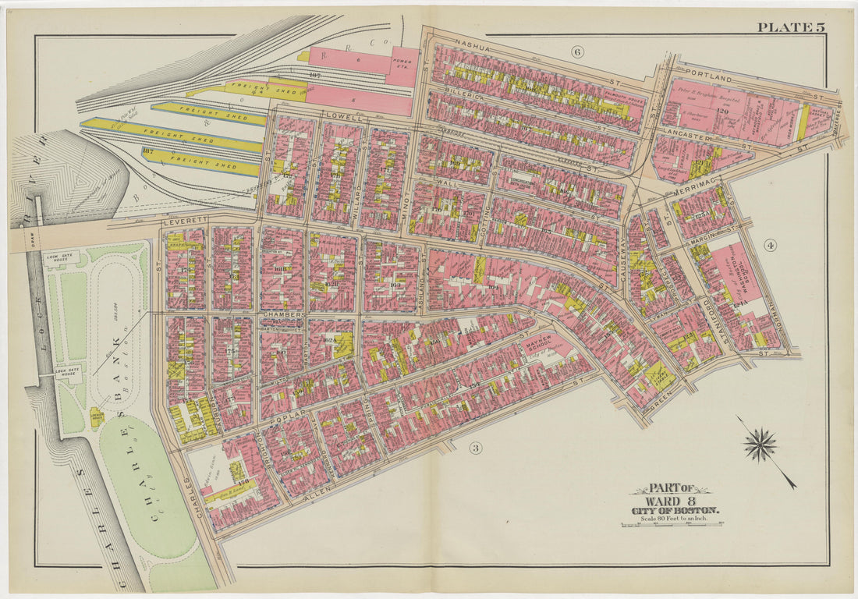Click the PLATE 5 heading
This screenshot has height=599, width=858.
(x=790, y=28)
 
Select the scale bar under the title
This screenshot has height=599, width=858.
(x=675, y=527)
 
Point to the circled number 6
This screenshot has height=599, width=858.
(x=577, y=52)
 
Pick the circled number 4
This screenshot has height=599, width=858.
(x=771, y=246)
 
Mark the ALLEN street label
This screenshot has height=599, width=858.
(x=321, y=486)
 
